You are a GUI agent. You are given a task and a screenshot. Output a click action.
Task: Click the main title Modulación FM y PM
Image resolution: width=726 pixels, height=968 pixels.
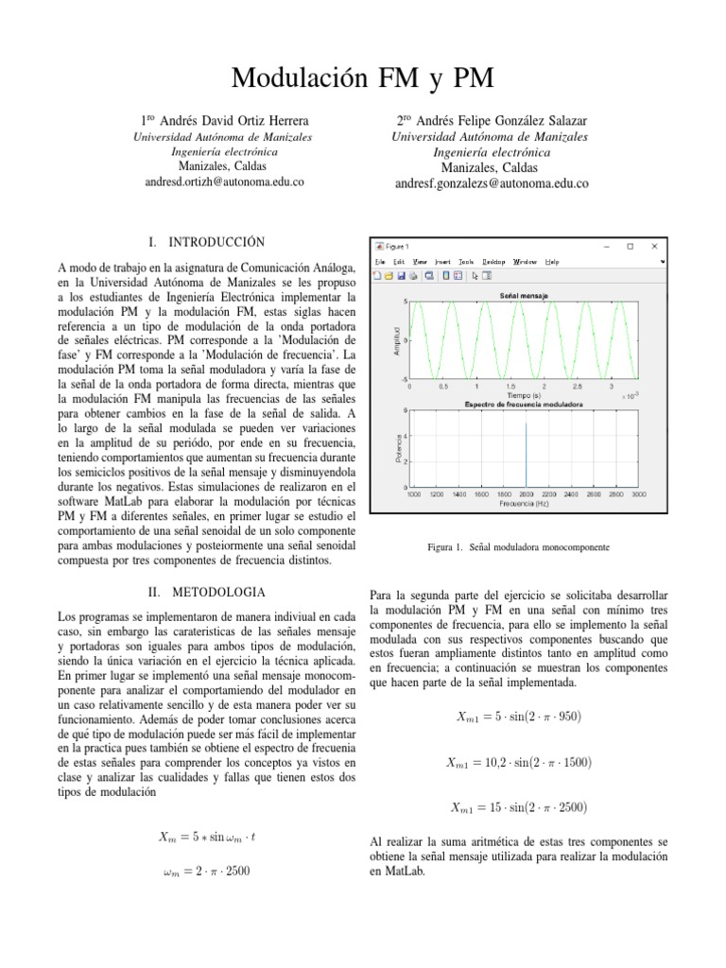coord(363,78)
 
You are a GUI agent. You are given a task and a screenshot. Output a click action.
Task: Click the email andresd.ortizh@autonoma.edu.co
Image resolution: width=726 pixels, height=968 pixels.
coord(225,181)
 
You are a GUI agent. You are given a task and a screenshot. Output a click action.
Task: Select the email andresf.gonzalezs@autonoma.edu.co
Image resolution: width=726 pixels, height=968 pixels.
coord(492,184)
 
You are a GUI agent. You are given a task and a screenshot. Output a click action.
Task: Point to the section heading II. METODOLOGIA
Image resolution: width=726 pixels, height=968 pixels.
coord(208,592)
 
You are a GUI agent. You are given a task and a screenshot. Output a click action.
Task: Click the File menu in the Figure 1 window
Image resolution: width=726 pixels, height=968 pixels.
coord(380,262)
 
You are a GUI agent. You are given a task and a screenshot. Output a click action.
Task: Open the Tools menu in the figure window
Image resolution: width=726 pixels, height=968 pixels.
coord(466,262)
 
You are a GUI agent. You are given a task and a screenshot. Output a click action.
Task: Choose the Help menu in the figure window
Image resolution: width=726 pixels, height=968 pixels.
coord(552,262)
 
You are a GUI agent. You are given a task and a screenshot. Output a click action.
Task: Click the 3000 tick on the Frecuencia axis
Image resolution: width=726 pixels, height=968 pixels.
coord(639,494)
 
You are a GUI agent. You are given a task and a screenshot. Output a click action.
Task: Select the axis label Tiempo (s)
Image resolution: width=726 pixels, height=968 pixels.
coord(523,395)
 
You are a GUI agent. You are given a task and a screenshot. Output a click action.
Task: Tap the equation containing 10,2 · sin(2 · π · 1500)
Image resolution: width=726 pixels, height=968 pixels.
coord(519,762)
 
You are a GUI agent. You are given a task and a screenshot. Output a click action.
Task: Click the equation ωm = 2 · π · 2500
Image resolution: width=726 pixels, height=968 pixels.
coord(206,871)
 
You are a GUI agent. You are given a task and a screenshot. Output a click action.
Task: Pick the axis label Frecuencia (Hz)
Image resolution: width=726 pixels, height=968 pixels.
coord(526,504)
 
